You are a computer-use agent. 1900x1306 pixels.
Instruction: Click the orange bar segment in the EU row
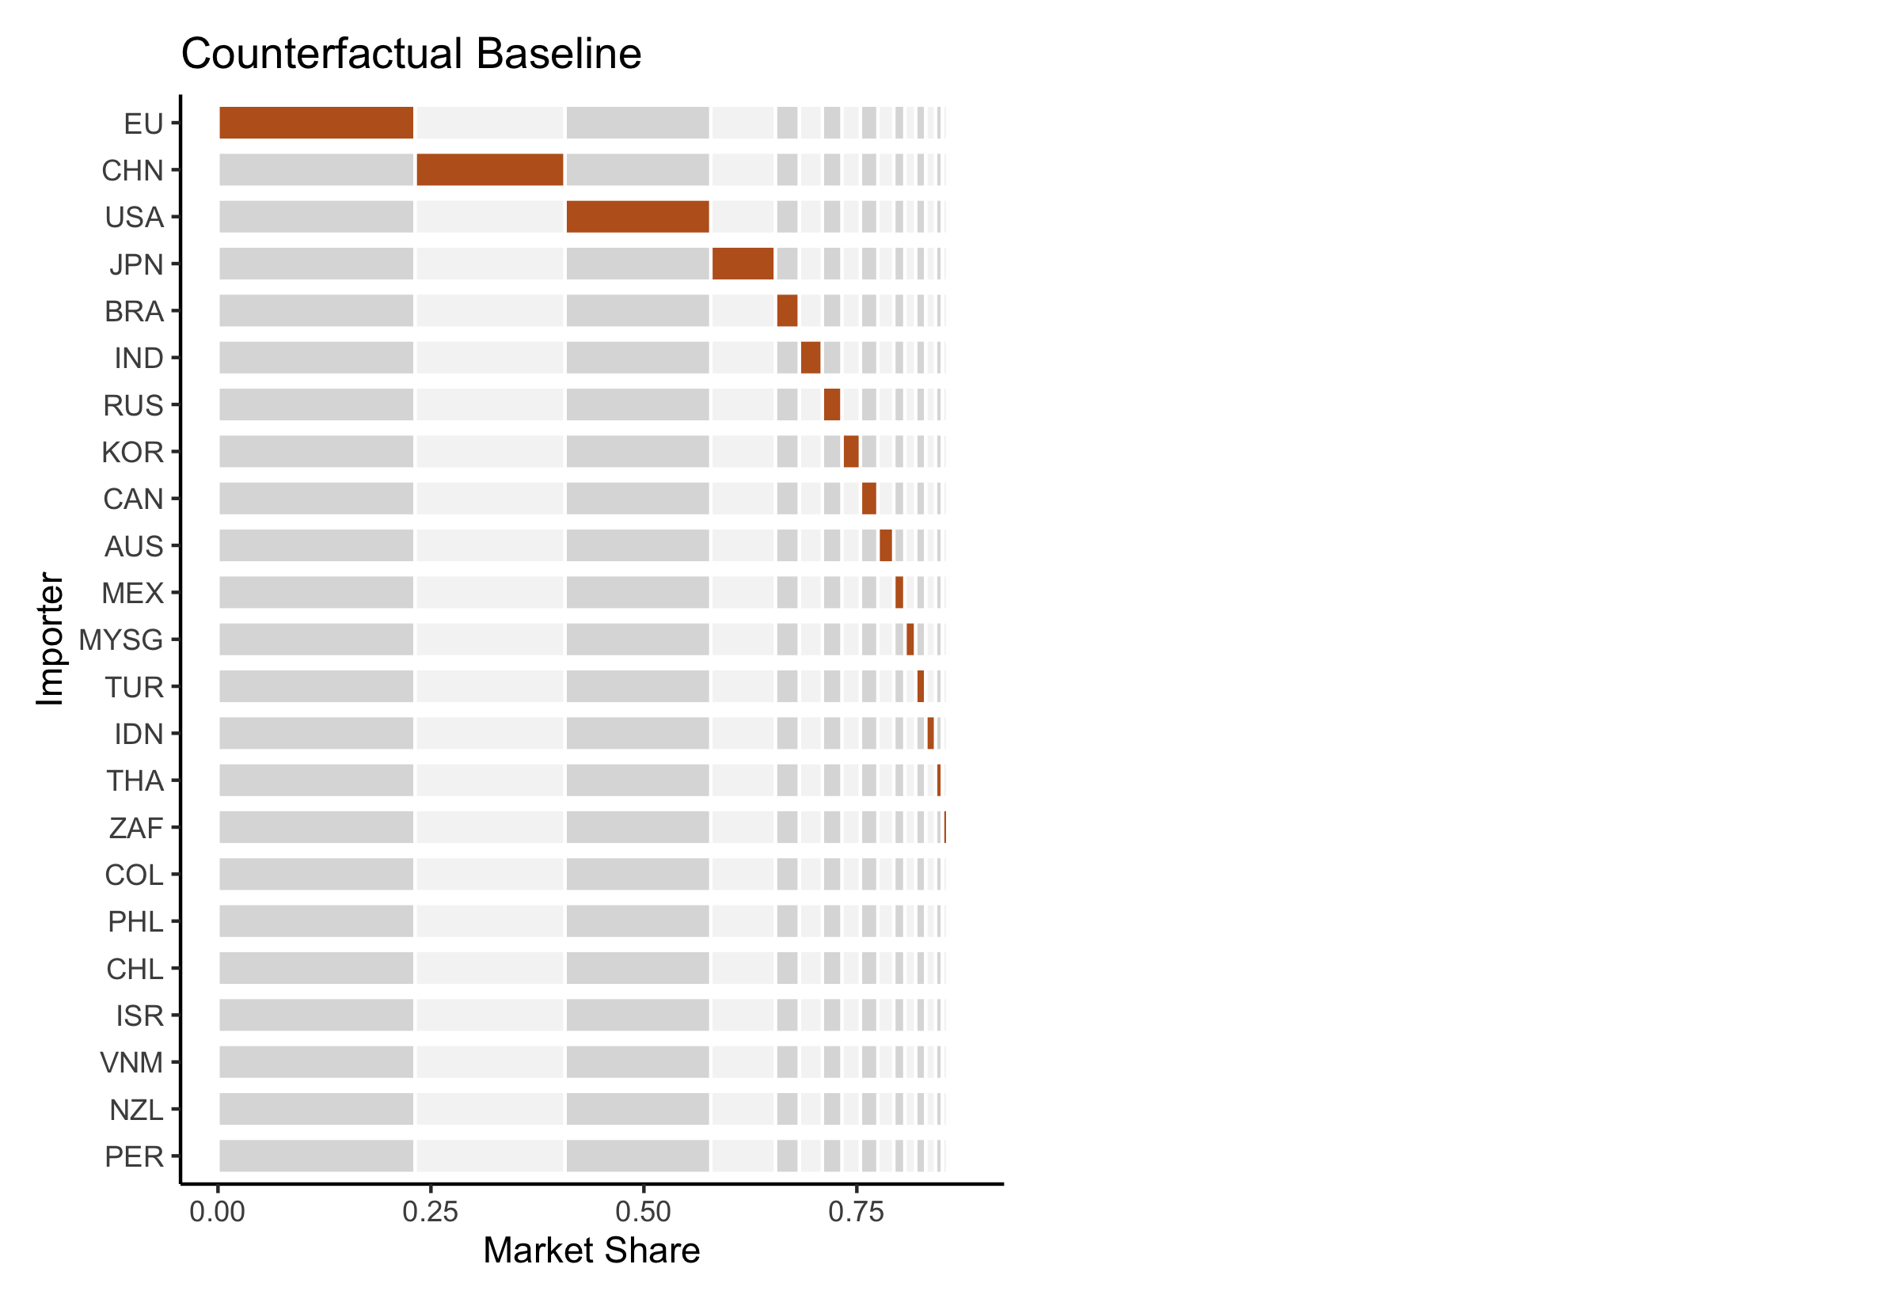click(316, 123)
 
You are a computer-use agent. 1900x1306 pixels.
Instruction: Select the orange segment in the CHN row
click(489, 170)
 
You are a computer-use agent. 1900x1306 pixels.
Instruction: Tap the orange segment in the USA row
click(637, 217)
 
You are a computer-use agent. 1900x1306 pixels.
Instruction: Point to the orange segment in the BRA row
click(786, 311)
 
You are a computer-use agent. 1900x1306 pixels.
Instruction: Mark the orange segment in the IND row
click(810, 358)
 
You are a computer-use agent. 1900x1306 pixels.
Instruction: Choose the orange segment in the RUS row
click(831, 405)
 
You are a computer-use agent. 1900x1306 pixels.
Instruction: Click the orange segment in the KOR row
click(851, 452)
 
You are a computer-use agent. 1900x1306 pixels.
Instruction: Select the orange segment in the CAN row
click(868, 499)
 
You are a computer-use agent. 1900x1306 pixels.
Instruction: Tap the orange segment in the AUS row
click(885, 546)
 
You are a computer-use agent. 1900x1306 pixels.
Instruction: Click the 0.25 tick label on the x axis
click(431, 1212)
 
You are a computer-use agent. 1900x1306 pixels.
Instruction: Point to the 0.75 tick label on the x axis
click(856, 1212)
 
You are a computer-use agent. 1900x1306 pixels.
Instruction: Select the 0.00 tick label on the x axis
click(217, 1212)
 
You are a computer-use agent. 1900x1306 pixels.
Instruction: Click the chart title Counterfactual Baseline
click(411, 54)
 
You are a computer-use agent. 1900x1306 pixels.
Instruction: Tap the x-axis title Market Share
click(591, 1251)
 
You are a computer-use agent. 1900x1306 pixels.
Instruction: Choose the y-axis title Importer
click(50, 638)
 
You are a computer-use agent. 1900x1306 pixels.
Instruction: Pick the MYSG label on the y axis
click(121, 640)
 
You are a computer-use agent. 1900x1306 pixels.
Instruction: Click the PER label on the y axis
click(135, 1157)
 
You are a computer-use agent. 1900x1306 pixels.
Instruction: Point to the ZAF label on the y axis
click(136, 828)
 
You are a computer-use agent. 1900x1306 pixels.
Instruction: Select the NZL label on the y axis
click(136, 1110)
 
